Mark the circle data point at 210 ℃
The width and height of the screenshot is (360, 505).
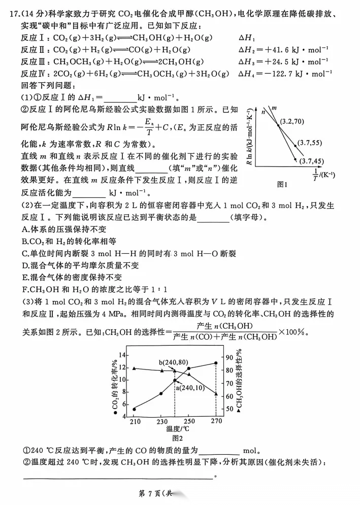(x=134, y=409)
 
